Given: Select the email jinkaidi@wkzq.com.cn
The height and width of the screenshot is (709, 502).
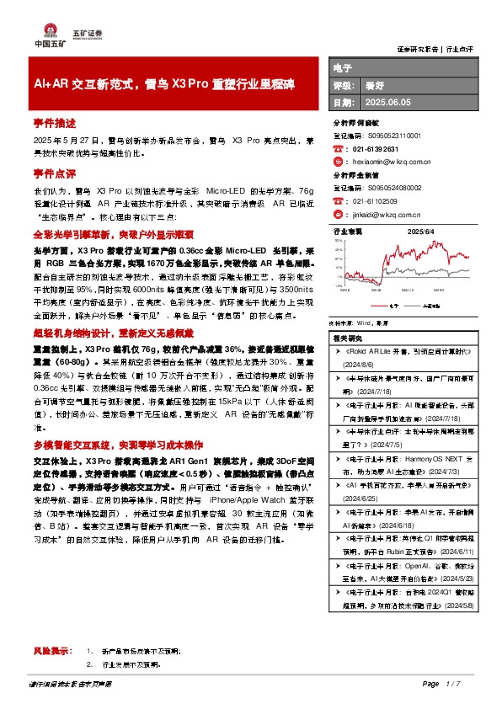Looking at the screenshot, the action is pyautogui.click(x=382, y=214).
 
